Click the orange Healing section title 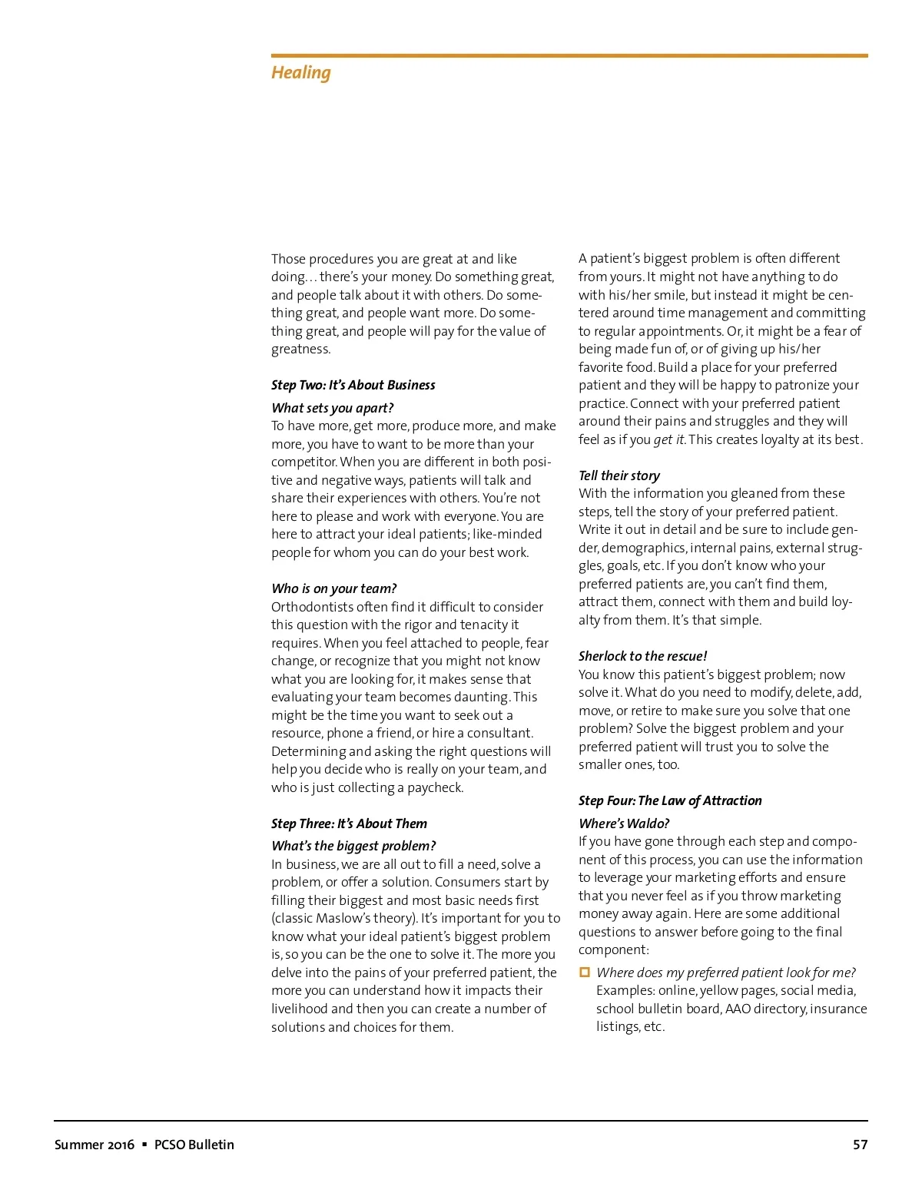tap(300, 73)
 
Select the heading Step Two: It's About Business tap(353, 385)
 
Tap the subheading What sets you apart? tap(332, 408)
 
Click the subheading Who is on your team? tap(333, 588)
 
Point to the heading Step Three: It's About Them tap(349, 824)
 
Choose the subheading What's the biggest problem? tap(353, 846)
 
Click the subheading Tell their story tap(619, 476)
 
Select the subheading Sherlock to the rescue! tap(642, 656)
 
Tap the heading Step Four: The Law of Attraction tap(670, 800)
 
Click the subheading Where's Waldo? tap(624, 824)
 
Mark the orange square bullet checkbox tap(585, 973)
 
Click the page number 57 tap(860, 1145)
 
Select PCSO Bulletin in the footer tap(194, 1145)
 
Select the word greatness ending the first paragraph tap(300, 350)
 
